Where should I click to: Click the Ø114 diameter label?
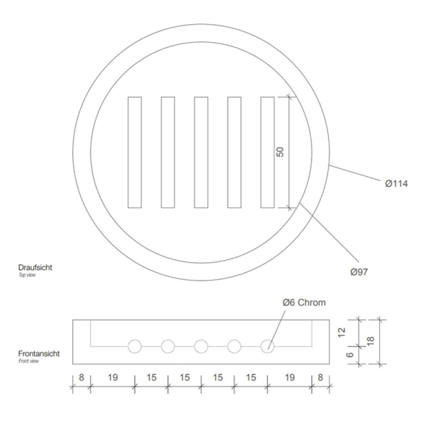pos(396,184)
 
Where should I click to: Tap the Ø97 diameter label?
pos(359,272)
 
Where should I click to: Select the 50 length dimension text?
pos(280,152)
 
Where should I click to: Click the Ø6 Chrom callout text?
pos(304,302)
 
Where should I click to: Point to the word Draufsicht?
pos(35,268)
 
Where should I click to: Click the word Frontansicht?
pos(39,354)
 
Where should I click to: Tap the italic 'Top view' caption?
pos(27,275)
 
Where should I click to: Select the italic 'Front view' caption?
pos(28,361)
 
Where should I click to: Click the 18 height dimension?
pos(371,341)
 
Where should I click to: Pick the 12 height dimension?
pos(342,332)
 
